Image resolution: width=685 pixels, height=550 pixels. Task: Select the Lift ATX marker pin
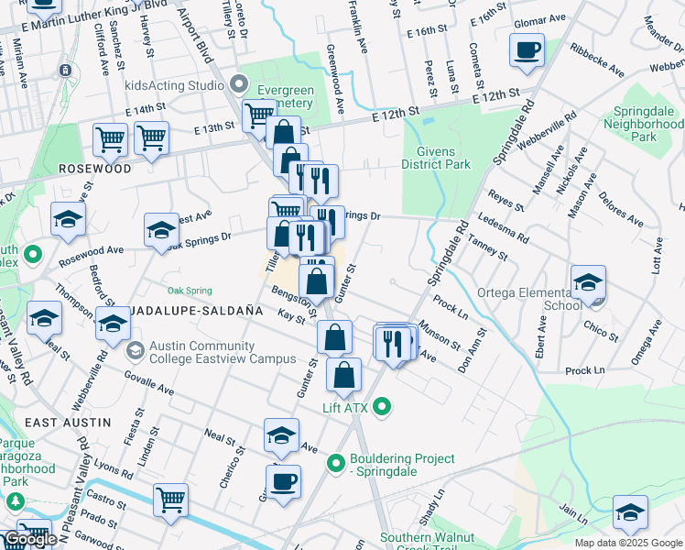383,406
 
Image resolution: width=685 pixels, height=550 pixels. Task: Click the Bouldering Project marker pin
336,464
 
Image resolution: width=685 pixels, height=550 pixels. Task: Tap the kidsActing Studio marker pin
240,85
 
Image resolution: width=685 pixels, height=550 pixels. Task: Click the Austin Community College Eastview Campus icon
136,351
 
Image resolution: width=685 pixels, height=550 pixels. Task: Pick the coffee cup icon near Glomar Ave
527,51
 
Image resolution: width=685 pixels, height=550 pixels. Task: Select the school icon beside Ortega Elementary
588,282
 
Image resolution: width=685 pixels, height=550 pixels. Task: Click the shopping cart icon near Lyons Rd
171,500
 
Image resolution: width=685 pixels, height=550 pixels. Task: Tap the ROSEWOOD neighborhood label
94,169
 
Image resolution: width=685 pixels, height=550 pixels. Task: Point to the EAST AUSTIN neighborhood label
68,423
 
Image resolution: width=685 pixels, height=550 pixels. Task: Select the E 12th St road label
495,95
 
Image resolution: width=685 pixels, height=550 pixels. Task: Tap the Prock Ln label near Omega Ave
585,370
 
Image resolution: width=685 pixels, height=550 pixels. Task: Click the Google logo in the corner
30,539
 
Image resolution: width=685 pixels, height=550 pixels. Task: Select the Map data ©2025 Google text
628,543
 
